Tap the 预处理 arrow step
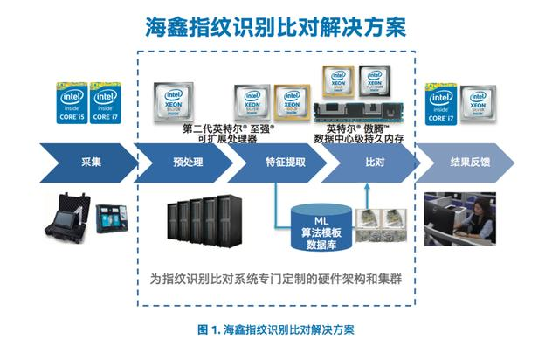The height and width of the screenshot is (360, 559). click(188, 163)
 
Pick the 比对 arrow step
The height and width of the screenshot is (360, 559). click(374, 163)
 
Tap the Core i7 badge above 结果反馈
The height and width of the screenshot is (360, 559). click(441, 103)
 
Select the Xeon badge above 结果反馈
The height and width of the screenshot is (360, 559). click(478, 103)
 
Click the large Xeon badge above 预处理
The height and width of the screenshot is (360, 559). click(174, 101)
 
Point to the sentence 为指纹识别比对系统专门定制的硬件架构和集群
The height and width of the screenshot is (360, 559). click(276, 280)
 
